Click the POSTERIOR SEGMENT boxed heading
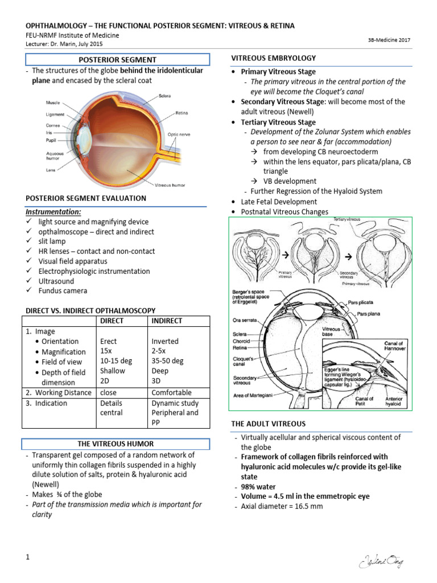pyautogui.click(x=117, y=60)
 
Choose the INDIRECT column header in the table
pyautogui.click(x=167, y=321)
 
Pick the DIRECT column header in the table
pyautogui.click(x=112, y=321)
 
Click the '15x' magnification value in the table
pyautogui.click(x=106, y=351)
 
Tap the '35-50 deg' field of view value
pyautogui.click(x=167, y=361)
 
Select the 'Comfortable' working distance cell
pyautogui.click(x=171, y=392)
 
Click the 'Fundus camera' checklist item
pyautogui.click(x=63, y=291)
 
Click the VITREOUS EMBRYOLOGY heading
pyautogui.click(x=273, y=58)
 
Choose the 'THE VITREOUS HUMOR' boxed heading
pyautogui.click(x=116, y=444)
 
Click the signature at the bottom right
pyautogui.click(x=381, y=563)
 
